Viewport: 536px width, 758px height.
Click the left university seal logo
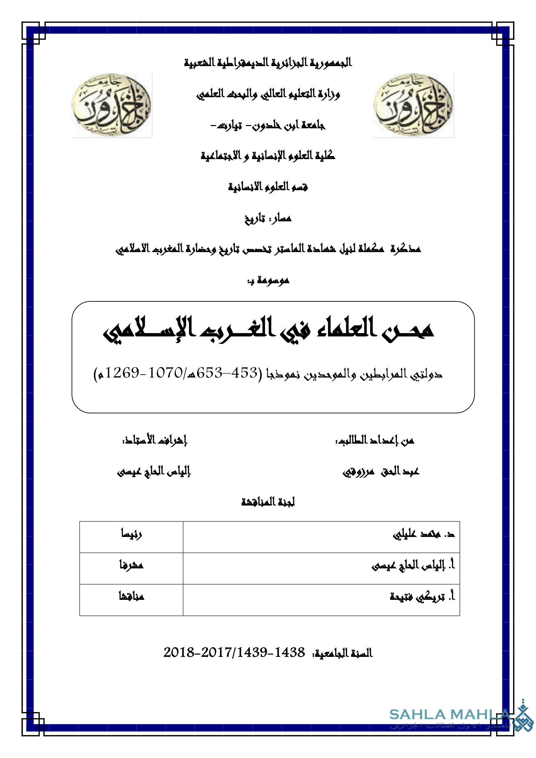[111, 105]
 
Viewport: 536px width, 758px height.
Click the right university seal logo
[413, 105]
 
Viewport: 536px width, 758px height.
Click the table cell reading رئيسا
[131, 534]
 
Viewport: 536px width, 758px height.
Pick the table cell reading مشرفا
[131, 565]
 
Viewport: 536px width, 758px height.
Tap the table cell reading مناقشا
[131, 596]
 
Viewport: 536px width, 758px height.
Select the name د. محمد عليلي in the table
[424, 534]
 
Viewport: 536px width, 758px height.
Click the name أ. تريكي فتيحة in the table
[423, 596]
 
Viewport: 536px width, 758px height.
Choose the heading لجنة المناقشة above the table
[268, 502]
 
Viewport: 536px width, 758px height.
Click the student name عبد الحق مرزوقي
[381, 472]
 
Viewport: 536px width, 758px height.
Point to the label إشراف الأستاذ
[155, 440]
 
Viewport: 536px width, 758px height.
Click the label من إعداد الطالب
[375, 440]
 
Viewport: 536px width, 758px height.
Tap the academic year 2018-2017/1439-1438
[234, 652]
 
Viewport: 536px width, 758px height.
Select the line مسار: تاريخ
[268, 218]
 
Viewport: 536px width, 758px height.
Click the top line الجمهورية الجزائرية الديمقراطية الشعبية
[268, 63]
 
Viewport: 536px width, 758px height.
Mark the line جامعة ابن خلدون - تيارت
[268, 125]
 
